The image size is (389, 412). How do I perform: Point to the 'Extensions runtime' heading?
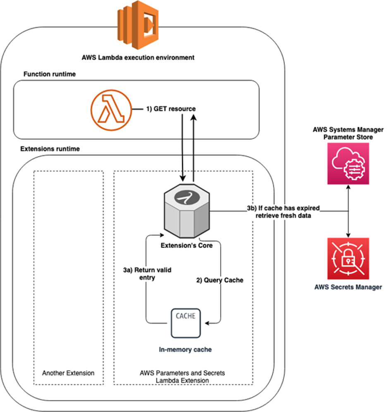point(50,148)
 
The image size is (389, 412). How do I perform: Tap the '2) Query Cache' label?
point(220,280)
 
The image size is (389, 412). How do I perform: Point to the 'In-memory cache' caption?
point(185,350)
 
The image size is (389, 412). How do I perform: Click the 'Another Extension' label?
point(68,373)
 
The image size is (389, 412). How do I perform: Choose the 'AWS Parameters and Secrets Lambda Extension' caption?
point(182,376)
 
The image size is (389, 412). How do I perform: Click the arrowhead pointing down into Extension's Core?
point(182,178)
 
